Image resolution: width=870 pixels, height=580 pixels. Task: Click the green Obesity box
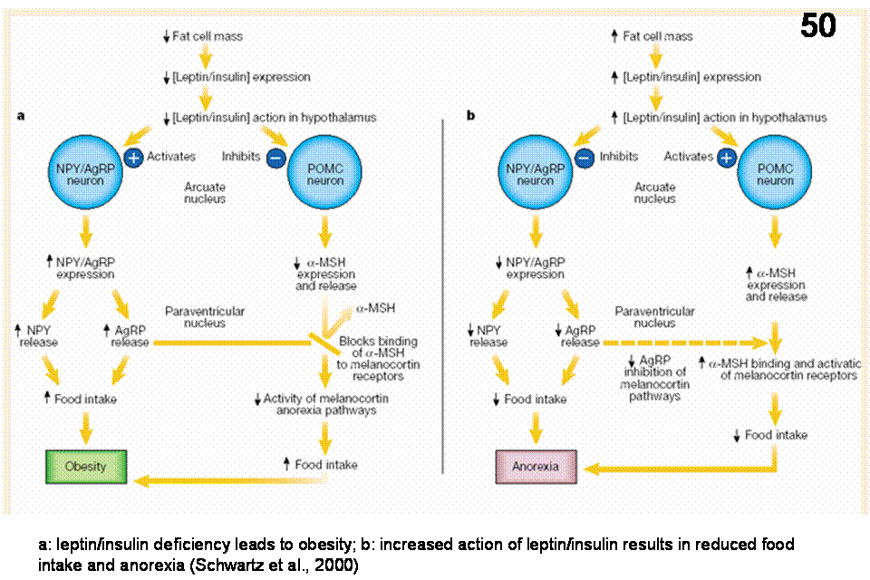(86, 467)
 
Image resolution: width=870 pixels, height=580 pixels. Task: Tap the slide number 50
(817, 27)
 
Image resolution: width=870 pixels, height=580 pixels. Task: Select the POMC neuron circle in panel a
(324, 174)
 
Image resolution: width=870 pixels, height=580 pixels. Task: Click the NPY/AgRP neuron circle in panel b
(536, 174)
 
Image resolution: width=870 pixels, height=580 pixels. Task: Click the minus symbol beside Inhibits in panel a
(276, 157)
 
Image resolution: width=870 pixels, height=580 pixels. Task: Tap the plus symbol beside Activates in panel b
(726, 157)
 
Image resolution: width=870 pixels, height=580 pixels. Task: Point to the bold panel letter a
(21, 117)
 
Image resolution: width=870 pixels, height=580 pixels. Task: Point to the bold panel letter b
(470, 117)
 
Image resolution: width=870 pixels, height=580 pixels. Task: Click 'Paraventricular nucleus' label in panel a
(205, 318)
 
